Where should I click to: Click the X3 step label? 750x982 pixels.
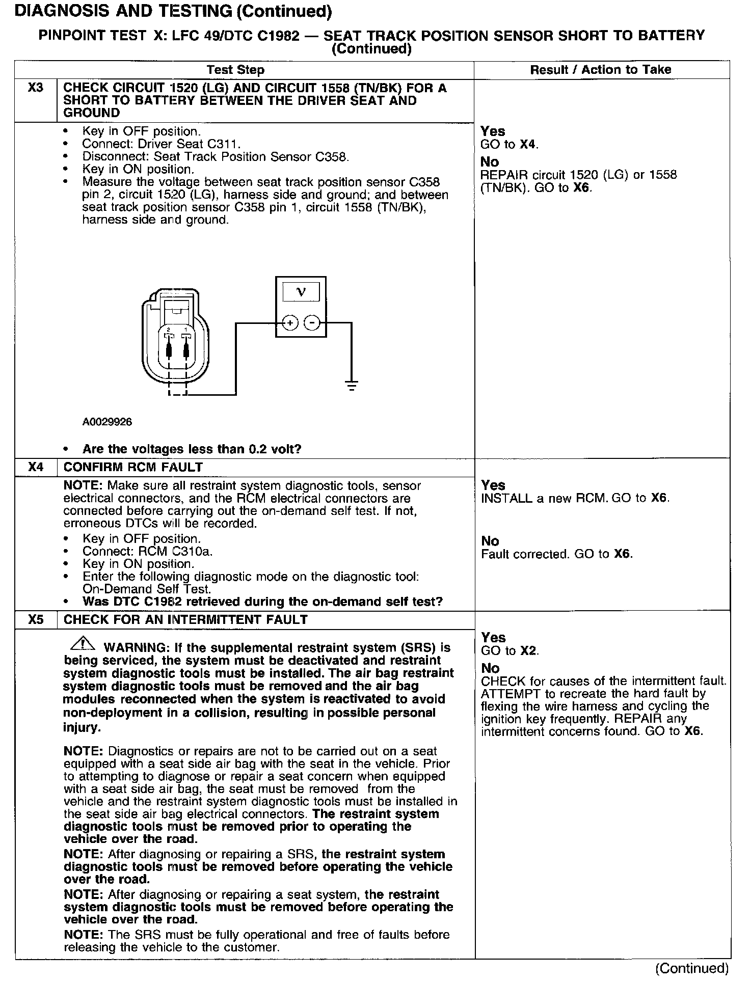point(36,88)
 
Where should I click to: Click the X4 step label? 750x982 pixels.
point(36,467)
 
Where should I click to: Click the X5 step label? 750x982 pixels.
point(36,619)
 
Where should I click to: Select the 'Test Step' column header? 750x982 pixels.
point(235,70)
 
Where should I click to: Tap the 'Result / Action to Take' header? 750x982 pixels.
point(601,70)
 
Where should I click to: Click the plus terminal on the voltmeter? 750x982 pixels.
point(290,323)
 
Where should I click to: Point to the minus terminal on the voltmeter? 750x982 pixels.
point(312,323)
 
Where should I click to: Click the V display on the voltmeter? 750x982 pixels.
point(301,292)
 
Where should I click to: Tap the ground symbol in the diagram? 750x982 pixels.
point(352,385)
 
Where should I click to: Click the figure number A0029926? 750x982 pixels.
point(107,422)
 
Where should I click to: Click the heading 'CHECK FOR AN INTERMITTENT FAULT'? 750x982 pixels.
point(185,620)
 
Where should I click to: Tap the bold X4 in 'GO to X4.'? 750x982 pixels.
point(528,144)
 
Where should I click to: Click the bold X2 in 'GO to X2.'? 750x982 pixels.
point(528,650)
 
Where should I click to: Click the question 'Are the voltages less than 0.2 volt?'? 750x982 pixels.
point(192,449)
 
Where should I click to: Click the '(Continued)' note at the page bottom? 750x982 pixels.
point(692,967)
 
